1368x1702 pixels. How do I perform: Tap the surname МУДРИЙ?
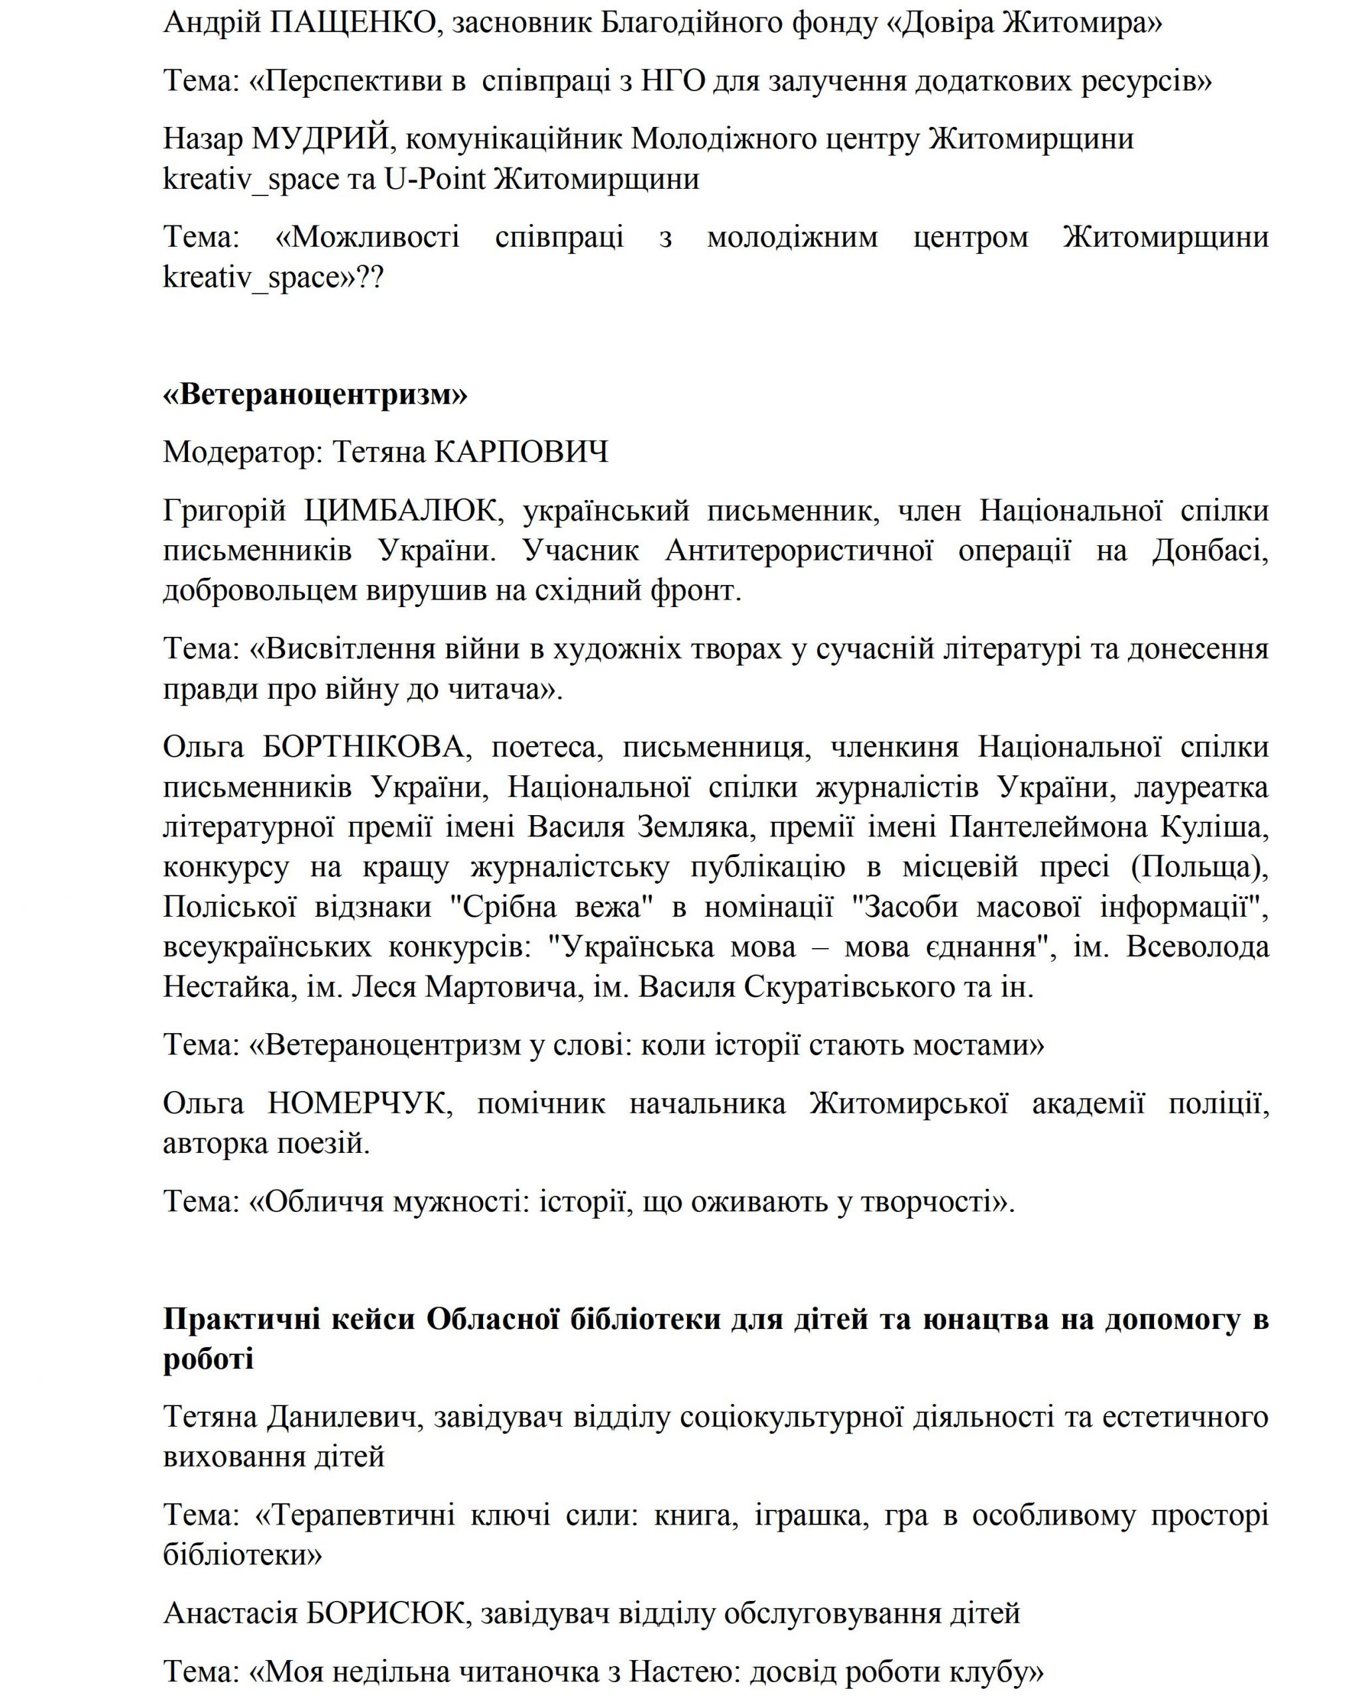(321, 139)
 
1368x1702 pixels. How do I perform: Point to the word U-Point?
(435, 180)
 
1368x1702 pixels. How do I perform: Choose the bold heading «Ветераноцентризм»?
(315, 394)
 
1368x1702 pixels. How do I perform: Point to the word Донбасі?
(1209, 550)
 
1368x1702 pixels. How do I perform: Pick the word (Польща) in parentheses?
(1199, 867)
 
